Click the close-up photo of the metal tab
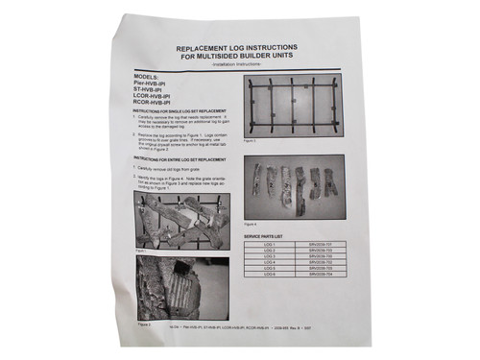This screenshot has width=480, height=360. [167, 286]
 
